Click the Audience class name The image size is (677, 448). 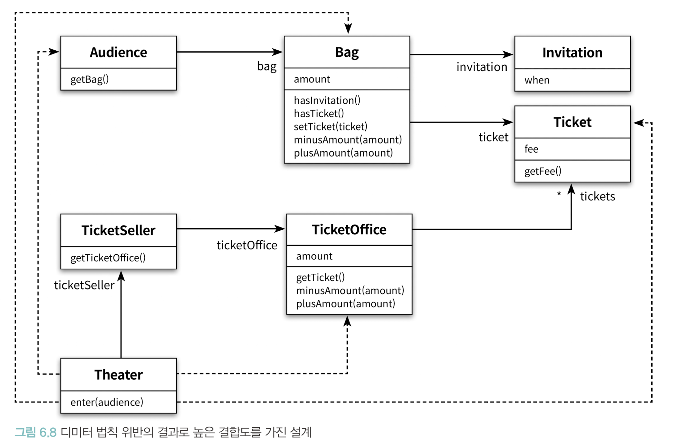[x=118, y=52]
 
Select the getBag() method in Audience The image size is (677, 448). [x=89, y=79]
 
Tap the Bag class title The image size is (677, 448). [x=347, y=53]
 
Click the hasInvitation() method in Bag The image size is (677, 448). [x=327, y=100]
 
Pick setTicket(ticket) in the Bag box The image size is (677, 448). [x=330, y=127]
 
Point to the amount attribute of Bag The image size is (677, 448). [x=312, y=79]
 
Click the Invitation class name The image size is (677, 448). [x=572, y=53]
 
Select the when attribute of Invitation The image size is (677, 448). [x=537, y=80]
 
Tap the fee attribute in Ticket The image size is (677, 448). [x=531, y=149]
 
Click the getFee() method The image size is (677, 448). [x=543, y=171]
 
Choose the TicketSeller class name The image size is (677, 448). [x=119, y=230]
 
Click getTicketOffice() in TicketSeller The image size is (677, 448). [x=108, y=258]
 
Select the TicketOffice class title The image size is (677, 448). [x=349, y=230]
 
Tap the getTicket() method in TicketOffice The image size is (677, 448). [x=320, y=277]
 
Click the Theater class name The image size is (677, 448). [x=119, y=375]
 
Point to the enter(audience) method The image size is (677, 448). [x=107, y=402]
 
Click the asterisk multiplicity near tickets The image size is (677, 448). [x=559, y=194]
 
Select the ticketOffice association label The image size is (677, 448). [x=247, y=245]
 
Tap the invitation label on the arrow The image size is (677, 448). [x=482, y=67]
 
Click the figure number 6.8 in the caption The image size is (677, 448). [x=48, y=433]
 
